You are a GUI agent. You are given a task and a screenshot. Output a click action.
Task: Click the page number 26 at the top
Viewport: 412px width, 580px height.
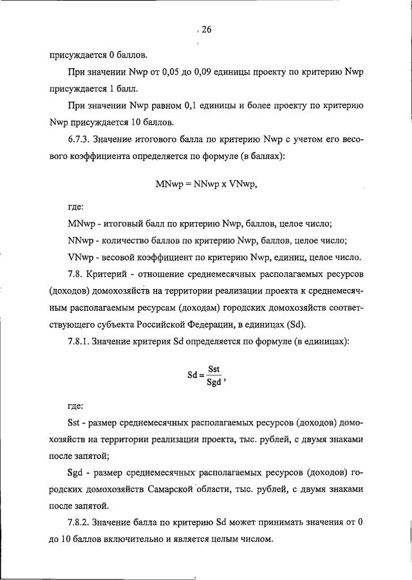(206, 29)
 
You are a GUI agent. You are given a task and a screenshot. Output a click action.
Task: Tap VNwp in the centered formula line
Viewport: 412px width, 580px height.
(245, 183)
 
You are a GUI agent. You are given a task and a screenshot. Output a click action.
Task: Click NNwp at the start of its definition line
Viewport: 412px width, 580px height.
(81, 241)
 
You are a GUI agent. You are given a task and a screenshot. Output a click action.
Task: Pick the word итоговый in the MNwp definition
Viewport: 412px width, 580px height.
(122, 224)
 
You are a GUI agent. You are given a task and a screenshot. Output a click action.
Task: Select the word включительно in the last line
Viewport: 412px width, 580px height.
(160, 540)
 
